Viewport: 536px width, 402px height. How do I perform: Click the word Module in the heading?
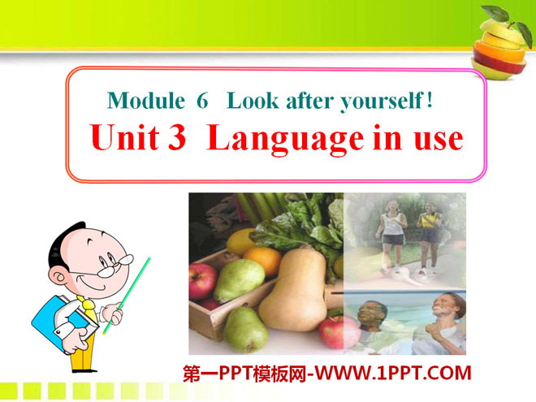click(146, 101)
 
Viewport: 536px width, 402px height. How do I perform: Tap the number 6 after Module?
click(202, 101)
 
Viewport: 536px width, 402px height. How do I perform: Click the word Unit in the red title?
click(124, 136)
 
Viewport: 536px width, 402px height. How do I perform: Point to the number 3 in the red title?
click(177, 137)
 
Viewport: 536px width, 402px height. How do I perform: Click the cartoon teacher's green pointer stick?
click(127, 296)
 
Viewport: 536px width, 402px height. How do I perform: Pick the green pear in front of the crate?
click(245, 329)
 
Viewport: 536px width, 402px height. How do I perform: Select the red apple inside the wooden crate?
click(202, 280)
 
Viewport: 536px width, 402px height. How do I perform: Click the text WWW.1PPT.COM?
click(393, 373)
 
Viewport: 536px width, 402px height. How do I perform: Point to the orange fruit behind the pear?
click(262, 260)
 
